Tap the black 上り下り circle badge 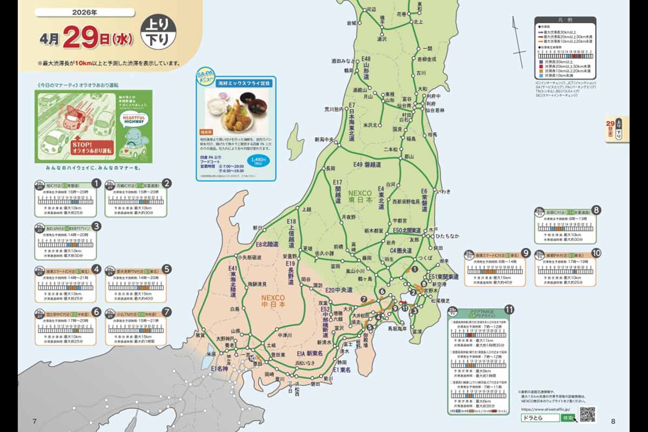tap(158, 33)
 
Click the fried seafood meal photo tap(235, 108)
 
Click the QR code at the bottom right tap(587, 414)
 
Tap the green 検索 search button tap(568, 418)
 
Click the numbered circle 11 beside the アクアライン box tap(508, 309)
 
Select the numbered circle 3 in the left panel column tap(96, 226)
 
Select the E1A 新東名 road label tap(309, 353)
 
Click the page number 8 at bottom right tap(613, 421)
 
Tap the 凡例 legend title tap(565, 19)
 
